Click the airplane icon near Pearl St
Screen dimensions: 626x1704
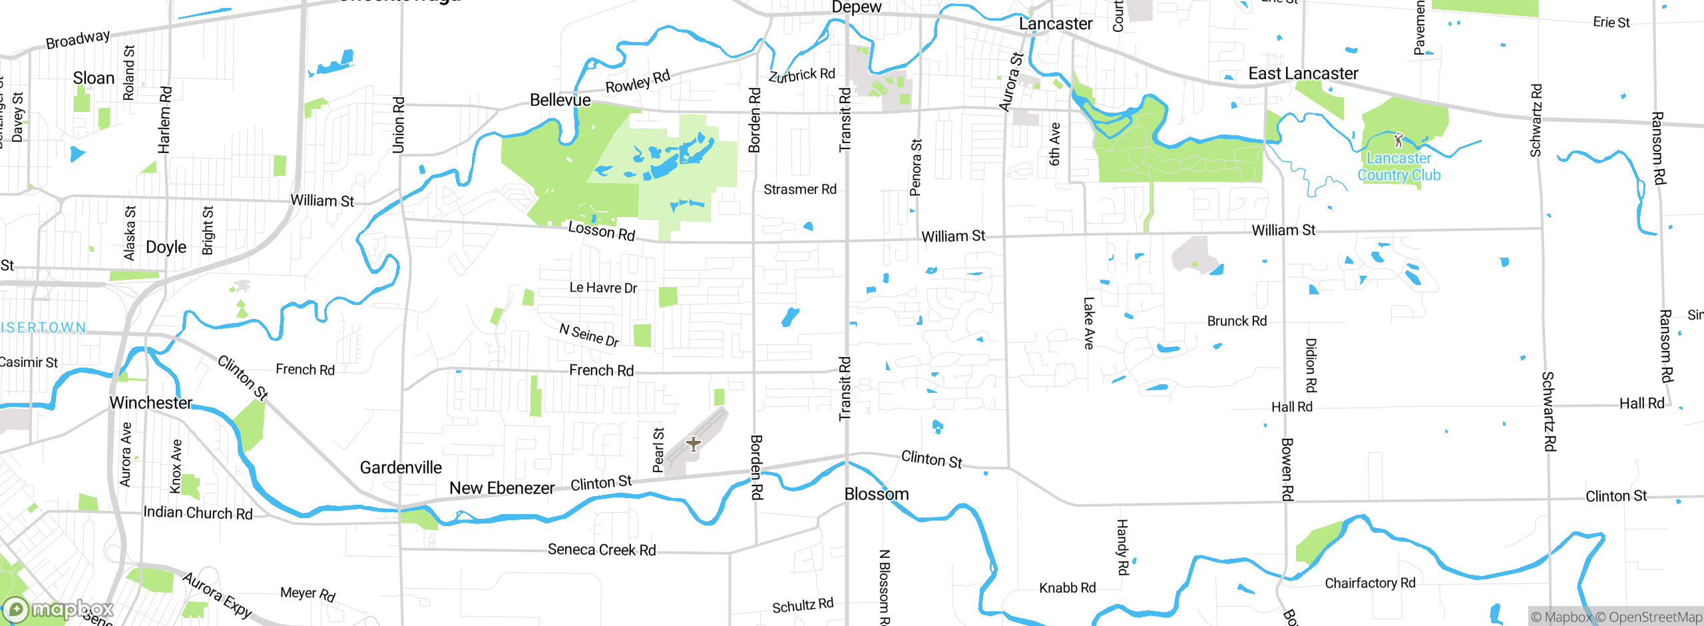[x=693, y=444]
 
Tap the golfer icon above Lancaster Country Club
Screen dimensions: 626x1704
[x=1398, y=140]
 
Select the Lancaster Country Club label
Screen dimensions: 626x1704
[x=1398, y=166]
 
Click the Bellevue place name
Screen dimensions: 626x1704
[x=560, y=100]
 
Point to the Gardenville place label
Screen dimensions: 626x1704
[x=401, y=468]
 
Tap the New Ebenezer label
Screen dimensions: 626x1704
[x=502, y=488]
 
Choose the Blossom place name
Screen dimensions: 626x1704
[x=876, y=494]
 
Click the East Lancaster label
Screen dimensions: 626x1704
[x=1303, y=73]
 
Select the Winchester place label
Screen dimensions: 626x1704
[x=151, y=403]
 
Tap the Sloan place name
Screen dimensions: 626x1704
[x=94, y=78]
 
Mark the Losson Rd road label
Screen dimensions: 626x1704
[x=602, y=231]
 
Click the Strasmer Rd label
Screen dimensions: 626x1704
[x=799, y=190]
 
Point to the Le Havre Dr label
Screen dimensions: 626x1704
[x=603, y=288]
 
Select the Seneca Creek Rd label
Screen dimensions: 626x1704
[x=602, y=550]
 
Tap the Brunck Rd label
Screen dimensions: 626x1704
[x=1237, y=321]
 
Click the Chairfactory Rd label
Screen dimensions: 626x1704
[x=1370, y=583]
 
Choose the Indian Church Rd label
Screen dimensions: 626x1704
[x=198, y=513]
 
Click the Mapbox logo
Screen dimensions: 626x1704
[x=59, y=609]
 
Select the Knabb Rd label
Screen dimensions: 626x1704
[x=1067, y=588]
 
